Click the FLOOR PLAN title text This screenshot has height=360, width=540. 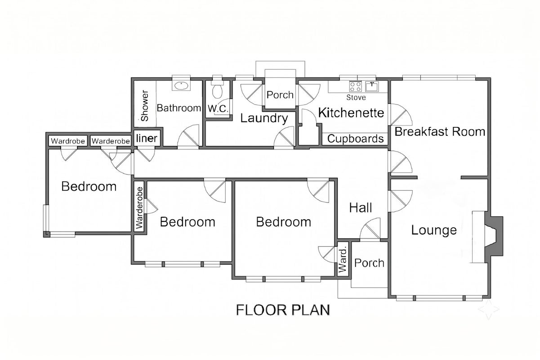pos(283,310)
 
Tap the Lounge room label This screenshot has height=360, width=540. pos(434,230)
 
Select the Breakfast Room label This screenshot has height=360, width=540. pos(440,132)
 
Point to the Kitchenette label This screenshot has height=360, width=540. pos(351,112)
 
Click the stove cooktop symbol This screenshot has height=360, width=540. pos(356,86)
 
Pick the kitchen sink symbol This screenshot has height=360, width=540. pos(372,86)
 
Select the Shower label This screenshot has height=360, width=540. pos(145,105)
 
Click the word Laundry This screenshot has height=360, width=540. pos(264,118)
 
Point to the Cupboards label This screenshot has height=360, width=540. pos(355,139)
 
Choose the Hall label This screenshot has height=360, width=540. pos(361,207)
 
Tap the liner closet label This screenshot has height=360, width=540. pos(147,138)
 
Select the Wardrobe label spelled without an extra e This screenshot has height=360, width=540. pos(68,141)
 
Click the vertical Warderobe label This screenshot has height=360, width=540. pos(139,208)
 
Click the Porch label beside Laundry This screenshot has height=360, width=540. pos(280,95)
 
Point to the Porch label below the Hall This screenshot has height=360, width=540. pos(369,263)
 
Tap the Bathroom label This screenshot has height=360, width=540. pos(179,108)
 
